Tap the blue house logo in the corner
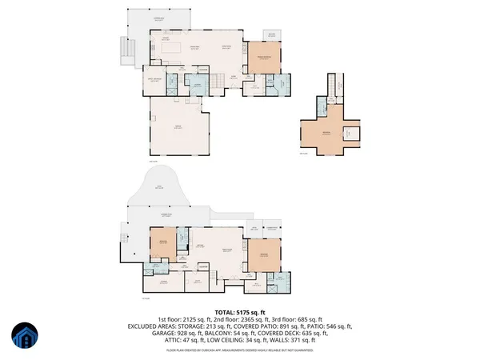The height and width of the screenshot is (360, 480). (x=25, y=336)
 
